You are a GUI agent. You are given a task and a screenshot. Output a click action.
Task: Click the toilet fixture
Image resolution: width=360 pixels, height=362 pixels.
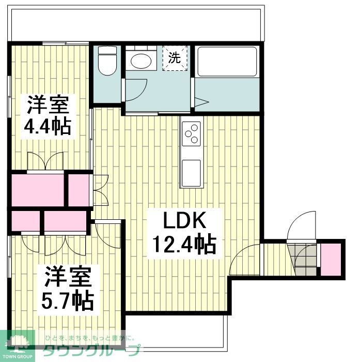point(107,61)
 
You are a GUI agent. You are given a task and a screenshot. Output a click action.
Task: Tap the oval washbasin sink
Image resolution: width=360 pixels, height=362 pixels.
point(141,61)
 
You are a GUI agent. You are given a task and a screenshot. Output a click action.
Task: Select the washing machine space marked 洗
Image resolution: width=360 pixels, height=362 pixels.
point(175,58)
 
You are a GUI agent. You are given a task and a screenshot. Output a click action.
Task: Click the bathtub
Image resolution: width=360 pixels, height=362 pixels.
point(227,62)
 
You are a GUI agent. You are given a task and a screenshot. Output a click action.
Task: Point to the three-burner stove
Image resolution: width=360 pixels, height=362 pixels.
point(191,133)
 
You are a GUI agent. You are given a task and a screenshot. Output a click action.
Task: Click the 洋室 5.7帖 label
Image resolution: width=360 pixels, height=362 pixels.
point(67,289)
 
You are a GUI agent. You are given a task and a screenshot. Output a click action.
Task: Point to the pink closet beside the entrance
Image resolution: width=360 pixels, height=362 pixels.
point(331,260)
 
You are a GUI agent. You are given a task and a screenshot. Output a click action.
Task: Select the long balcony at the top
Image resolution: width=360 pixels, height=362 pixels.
point(136,25)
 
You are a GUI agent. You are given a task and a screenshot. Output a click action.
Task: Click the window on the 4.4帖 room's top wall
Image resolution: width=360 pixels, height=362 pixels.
point(66,43)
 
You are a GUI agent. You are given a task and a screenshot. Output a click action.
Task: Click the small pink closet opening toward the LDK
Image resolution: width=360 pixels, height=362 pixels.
point(79,190)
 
